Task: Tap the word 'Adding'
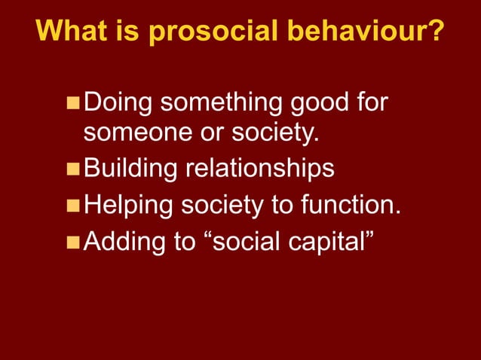click(124, 241)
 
